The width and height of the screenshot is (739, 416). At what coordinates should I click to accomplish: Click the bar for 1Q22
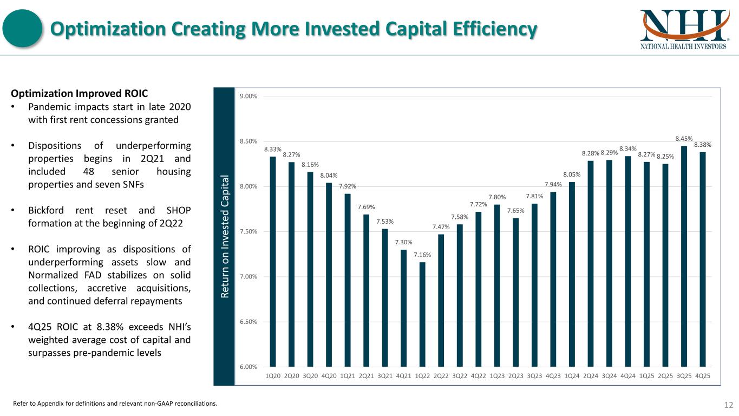(x=422, y=314)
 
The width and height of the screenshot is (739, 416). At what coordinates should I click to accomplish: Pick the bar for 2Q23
(x=516, y=292)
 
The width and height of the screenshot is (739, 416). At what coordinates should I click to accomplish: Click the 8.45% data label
(x=684, y=139)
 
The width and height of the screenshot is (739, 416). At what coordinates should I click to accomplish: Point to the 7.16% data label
(x=422, y=255)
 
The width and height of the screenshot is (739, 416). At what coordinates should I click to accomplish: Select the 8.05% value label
(x=572, y=174)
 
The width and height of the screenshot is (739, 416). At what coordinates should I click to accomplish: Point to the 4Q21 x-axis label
(x=403, y=376)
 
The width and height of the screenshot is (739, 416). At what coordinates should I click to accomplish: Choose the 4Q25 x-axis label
(x=703, y=376)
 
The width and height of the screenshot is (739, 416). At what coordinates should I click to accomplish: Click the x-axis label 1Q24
(x=572, y=376)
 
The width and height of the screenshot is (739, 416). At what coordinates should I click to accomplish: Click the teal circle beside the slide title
(x=23, y=29)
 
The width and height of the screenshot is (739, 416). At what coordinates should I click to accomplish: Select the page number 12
(x=728, y=405)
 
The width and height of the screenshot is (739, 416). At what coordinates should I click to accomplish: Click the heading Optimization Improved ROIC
(x=79, y=93)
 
